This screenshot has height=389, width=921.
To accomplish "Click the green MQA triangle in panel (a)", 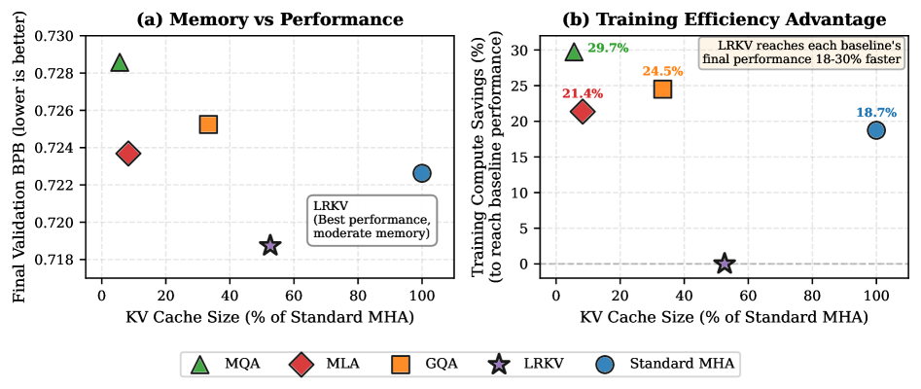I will pyautogui.click(x=120, y=63).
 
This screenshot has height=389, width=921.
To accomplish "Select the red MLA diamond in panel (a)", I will pyautogui.click(x=127, y=153).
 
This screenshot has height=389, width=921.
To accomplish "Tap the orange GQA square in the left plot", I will pyautogui.click(x=208, y=124).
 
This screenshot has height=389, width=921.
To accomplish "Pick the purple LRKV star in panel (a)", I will pyautogui.click(x=270, y=245).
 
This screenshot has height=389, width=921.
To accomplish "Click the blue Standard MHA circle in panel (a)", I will pyautogui.click(x=421, y=173).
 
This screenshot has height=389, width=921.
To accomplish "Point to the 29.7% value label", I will pyautogui.click(x=608, y=49).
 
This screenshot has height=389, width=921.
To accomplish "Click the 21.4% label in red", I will pyautogui.click(x=583, y=93).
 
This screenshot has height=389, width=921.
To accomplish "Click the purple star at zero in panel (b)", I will pyautogui.click(x=724, y=264).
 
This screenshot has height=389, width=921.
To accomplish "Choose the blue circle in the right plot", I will pyautogui.click(x=876, y=130).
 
